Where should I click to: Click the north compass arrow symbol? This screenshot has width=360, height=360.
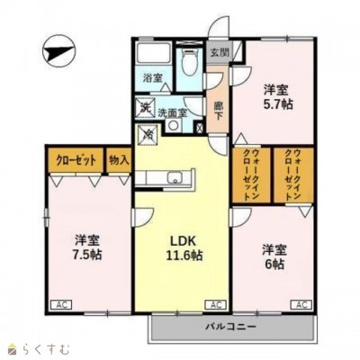58,53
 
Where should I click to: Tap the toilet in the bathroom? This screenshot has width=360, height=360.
189,61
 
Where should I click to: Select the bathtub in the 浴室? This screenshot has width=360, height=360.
153,53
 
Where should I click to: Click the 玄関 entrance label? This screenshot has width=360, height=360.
220,52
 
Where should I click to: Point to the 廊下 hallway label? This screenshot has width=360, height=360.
219,111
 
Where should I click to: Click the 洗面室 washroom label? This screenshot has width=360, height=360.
173,112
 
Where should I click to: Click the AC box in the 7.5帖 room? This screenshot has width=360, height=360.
62,305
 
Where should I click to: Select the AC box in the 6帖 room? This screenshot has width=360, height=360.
301,305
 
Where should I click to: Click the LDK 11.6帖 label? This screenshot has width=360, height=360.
184,247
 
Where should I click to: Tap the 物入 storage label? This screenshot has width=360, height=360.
119,160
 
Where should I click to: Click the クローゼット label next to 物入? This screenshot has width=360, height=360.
76,160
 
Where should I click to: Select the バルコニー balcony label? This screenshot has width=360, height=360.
230,326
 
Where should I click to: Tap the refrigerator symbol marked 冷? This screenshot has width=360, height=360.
148,134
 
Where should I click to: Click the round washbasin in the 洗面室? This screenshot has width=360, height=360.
174,125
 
